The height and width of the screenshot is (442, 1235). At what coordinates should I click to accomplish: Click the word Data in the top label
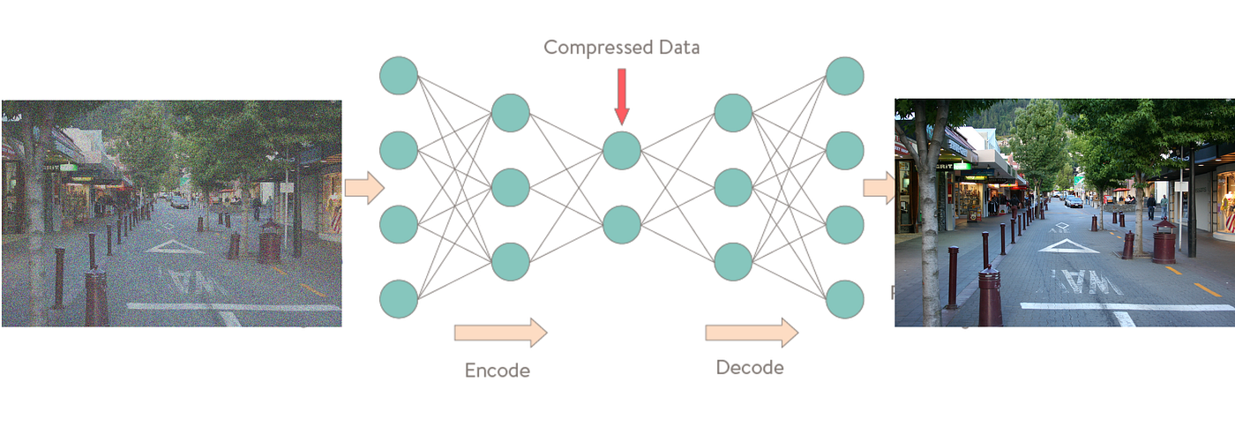coord(673,48)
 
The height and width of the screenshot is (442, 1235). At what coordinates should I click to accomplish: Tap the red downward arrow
coord(622,96)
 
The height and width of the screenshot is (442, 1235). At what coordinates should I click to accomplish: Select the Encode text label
coord(498,371)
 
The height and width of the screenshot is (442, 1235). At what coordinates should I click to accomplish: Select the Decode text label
coord(750,367)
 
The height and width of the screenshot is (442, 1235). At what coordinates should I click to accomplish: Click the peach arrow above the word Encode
coord(500,333)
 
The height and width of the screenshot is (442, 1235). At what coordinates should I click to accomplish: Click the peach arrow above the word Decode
coord(752,333)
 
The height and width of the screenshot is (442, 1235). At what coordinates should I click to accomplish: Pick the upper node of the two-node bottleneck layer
coord(622,150)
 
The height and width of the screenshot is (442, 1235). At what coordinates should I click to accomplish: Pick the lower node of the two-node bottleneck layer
coord(622,224)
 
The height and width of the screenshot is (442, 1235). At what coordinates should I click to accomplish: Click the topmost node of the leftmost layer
coord(399,75)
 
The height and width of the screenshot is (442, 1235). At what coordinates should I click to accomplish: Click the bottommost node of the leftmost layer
coord(399,298)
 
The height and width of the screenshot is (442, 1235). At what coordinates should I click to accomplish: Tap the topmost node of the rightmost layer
coord(844,75)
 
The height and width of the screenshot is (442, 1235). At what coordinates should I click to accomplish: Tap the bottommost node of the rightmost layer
coord(844,298)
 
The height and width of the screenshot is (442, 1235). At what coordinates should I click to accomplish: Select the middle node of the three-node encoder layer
coord(511,187)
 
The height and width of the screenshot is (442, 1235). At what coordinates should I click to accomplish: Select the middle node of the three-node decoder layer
coord(733,187)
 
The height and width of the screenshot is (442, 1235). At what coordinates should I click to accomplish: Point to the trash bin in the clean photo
coord(1164,242)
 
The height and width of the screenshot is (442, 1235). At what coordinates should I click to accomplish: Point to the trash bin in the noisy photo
coord(270,242)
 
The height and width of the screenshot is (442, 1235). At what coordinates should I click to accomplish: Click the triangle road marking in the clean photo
coord(1068,245)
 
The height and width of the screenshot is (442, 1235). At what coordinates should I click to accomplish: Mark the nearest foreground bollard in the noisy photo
coord(96,297)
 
